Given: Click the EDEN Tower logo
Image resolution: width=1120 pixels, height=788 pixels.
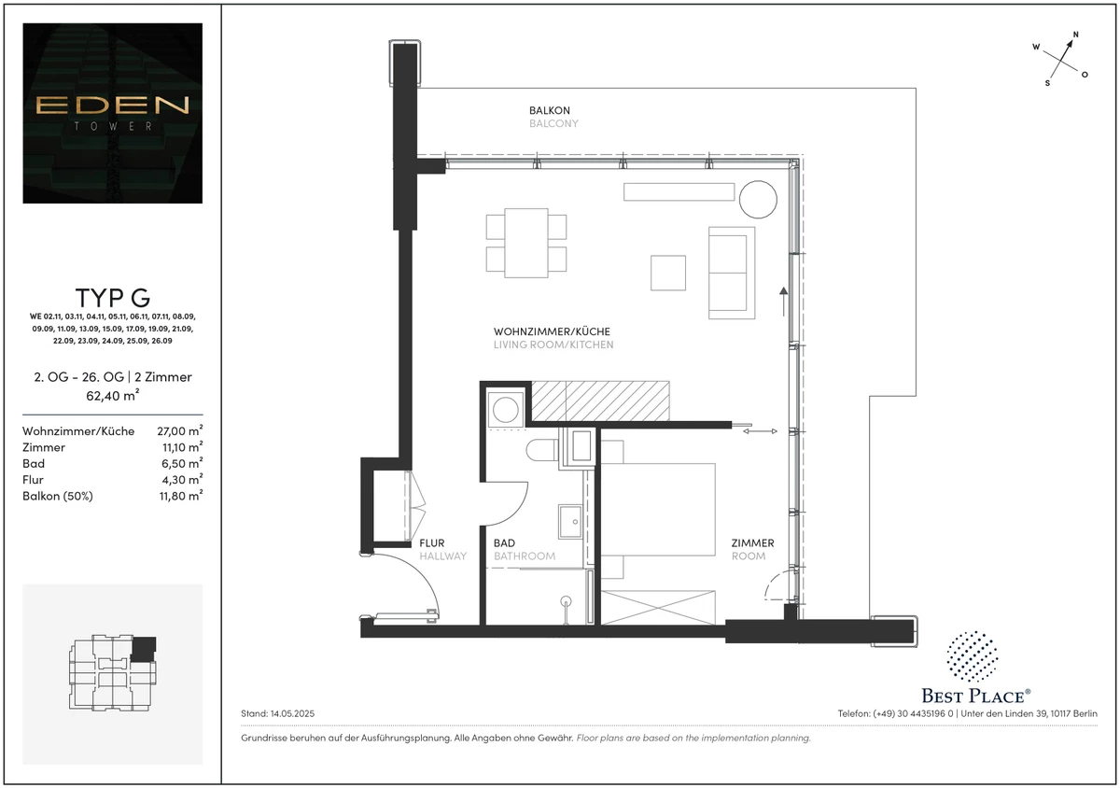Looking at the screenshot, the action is click(x=113, y=113).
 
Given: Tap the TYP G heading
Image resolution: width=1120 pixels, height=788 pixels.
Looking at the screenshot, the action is click(x=113, y=298).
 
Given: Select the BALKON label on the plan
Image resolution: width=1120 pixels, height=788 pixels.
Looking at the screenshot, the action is click(x=550, y=110).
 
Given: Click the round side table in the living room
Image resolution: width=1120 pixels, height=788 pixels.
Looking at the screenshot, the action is click(x=758, y=199).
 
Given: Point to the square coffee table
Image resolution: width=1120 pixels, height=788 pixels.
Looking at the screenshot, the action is click(x=668, y=273).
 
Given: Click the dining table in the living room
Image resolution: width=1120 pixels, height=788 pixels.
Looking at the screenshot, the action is click(x=526, y=243).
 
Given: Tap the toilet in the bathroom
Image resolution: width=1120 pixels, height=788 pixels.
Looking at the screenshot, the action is click(x=542, y=450).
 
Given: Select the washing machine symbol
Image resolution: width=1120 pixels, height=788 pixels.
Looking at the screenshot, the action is click(x=506, y=410).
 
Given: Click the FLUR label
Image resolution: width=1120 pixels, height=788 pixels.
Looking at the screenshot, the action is click(x=432, y=542).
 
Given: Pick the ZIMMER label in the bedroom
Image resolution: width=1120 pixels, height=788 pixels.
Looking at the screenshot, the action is click(x=752, y=542).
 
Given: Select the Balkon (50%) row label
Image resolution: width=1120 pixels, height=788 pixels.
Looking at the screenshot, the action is click(x=58, y=496).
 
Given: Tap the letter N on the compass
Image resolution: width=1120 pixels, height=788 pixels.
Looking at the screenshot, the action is click(x=1075, y=35).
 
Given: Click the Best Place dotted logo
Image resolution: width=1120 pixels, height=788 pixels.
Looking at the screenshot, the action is click(x=972, y=656).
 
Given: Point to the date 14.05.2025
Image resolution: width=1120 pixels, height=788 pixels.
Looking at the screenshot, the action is click(x=292, y=713).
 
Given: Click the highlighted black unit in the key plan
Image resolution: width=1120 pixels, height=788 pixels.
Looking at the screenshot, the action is click(x=144, y=649).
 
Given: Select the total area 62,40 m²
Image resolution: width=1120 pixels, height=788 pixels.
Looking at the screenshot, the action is click(x=113, y=395).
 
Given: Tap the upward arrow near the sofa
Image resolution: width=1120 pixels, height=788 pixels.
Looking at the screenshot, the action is click(x=783, y=302).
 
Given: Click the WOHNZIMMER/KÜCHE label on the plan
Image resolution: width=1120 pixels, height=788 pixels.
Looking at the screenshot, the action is click(x=552, y=331).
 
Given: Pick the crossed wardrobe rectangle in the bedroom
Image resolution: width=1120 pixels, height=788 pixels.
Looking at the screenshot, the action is click(x=658, y=608).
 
